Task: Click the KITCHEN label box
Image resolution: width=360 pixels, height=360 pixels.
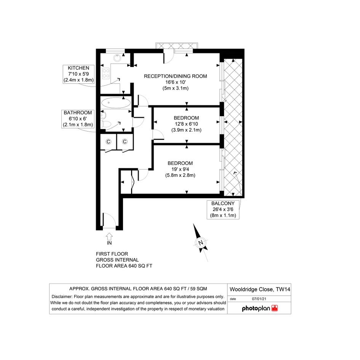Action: [78, 74]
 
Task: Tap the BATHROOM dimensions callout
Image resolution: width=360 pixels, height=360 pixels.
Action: [78, 119]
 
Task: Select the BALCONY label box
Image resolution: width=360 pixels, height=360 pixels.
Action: [223, 210]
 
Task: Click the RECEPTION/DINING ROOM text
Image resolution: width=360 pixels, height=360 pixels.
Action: [175, 76]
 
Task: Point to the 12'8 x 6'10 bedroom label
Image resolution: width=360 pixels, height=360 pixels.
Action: [186, 124]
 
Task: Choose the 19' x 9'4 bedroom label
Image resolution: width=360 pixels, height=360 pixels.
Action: [180, 169]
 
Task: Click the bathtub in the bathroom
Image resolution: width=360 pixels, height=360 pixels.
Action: [116, 102]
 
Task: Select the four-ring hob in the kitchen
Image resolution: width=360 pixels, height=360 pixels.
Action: [106, 73]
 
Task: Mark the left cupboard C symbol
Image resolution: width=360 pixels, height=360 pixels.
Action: [108, 142]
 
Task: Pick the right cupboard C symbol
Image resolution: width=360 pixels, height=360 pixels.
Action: [125, 142]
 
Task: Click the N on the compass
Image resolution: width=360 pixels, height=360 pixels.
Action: [201, 243]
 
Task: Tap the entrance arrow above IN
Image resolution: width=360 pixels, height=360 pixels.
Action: [109, 236]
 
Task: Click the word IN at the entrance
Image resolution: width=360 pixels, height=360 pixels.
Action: [109, 243]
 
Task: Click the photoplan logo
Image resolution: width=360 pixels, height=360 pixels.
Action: [260, 308]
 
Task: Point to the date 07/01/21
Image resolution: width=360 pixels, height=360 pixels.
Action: [259, 299]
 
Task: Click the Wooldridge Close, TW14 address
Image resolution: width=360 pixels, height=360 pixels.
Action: [260, 289]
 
